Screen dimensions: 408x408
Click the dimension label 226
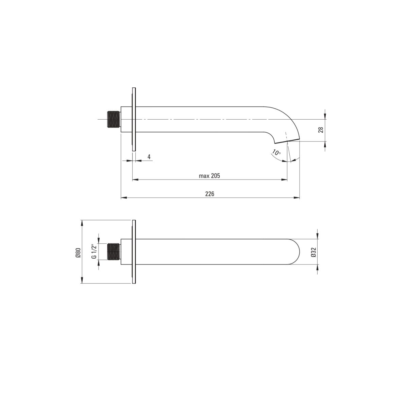210,194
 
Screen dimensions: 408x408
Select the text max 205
209,176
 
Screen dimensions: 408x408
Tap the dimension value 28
321,130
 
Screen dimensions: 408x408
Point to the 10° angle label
276,152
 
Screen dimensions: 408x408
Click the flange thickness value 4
149,157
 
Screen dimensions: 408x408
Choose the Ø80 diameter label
78,253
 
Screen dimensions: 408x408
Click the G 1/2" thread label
94,252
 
